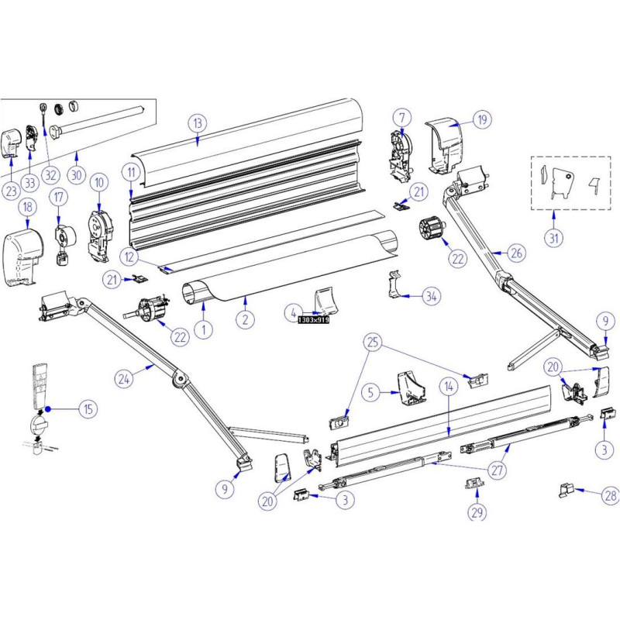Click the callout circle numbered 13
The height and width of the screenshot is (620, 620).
(x=198, y=122)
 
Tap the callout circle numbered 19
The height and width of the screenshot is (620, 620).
(x=481, y=119)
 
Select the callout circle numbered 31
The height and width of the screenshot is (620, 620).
(x=553, y=239)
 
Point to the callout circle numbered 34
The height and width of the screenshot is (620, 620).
(x=432, y=296)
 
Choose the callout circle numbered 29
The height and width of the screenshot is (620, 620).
(x=476, y=511)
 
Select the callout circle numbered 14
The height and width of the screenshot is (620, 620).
(x=448, y=384)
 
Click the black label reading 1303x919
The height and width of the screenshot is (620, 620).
(x=312, y=319)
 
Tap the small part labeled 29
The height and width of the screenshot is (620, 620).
(x=474, y=483)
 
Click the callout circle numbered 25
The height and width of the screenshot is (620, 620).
(x=374, y=342)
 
